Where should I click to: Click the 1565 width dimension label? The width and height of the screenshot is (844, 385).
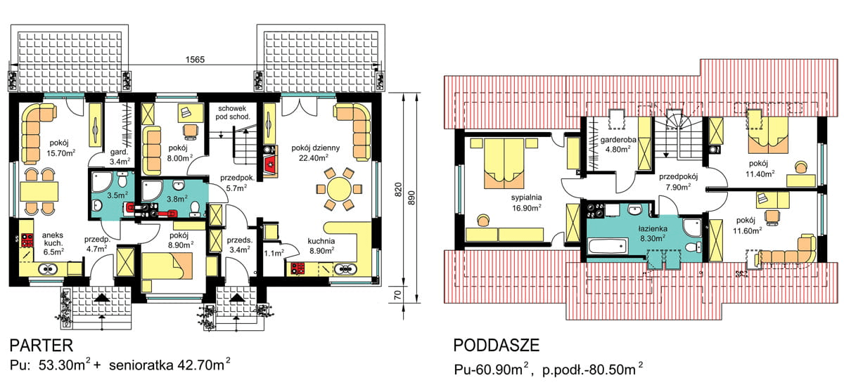(196, 60)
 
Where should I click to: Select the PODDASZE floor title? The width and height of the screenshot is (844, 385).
(497, 345)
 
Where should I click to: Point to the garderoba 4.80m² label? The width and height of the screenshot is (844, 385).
(618, 144)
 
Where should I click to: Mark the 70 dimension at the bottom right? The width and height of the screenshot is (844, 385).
(398, 295)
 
